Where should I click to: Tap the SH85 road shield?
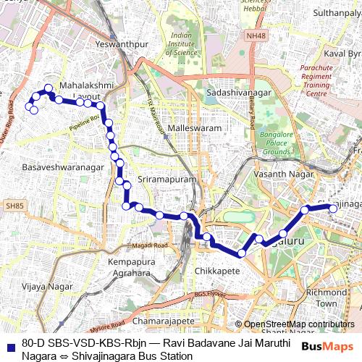pyautogui.click(x=14, y=206)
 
